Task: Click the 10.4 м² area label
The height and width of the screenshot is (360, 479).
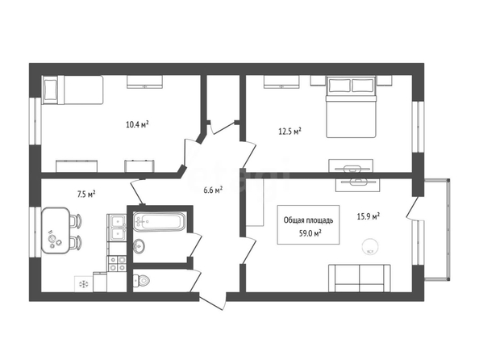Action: point(137,124)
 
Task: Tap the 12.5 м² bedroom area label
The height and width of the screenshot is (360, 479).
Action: point(289,132)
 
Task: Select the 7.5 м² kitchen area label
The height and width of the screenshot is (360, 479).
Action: point(86,194)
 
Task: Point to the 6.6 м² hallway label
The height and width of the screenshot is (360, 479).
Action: point(213,190)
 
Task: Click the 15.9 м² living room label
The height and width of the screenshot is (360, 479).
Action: point(369,216)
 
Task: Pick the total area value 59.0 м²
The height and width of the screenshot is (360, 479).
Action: point(310,233)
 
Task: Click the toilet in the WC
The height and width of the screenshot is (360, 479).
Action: point(141,280)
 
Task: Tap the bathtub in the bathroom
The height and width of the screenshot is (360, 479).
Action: point(159,221)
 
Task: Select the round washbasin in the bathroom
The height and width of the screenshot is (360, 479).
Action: point(139,245)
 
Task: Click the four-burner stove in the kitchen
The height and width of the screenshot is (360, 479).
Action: point(117,263)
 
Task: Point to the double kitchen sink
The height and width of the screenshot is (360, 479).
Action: point(117,228)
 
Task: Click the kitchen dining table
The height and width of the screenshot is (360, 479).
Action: point(56,230)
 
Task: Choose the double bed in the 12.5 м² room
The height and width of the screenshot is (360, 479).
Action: point(351,107)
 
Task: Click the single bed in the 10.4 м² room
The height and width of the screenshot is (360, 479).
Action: point(73,90)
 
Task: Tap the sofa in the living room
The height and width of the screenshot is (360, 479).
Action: point(360,278)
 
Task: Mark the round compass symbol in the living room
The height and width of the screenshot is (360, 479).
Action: point(370,246)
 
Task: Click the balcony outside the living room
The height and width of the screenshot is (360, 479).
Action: point(437,229)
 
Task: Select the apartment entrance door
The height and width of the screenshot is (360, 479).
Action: point(212,299)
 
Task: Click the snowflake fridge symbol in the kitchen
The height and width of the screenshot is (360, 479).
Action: point(83,284)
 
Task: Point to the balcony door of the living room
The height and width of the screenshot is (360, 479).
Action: point(412,207)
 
